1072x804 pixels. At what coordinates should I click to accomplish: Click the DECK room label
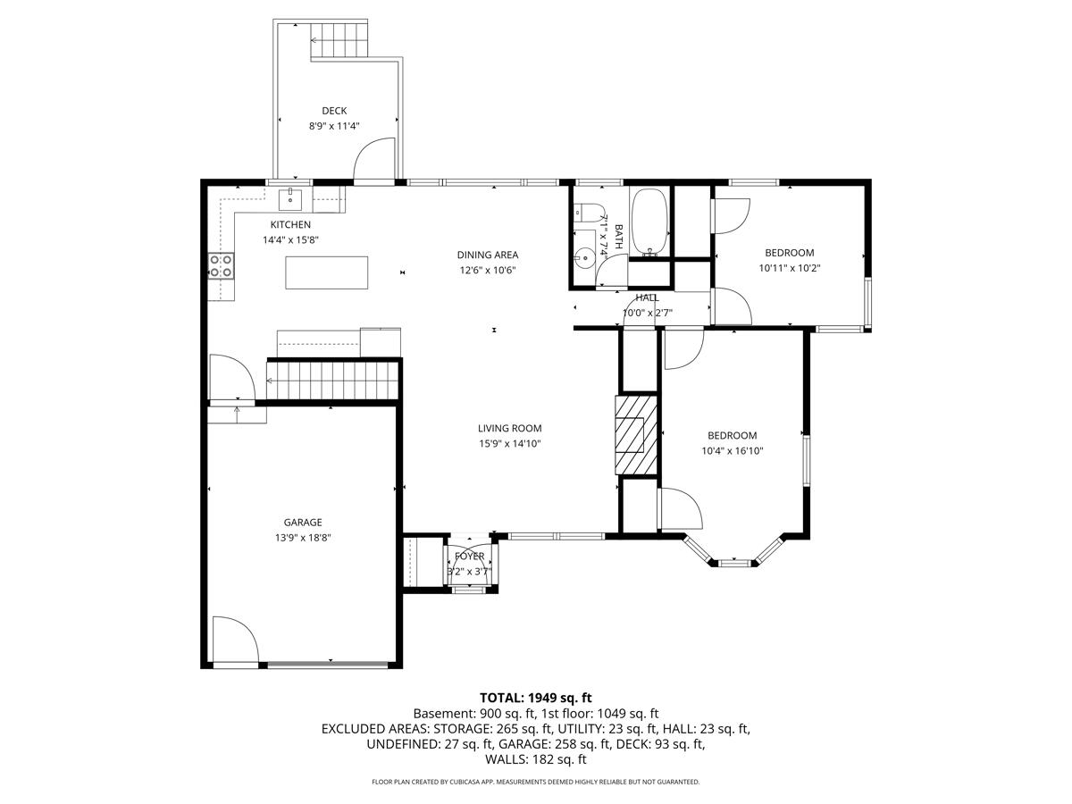click(334, 111)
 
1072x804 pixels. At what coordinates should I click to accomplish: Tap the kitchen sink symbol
click(290, 199)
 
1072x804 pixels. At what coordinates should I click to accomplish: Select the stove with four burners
click(222, 266)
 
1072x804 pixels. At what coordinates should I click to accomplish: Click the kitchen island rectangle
click(326, 272)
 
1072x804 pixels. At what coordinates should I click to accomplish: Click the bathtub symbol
click(649, 222)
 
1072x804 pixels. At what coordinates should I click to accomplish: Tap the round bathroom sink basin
click(583, 255)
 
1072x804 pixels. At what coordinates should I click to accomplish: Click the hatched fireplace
click(636, 435)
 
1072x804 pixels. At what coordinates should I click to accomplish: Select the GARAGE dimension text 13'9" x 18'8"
click(303, 538)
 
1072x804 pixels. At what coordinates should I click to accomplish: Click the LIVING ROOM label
click(509, 428)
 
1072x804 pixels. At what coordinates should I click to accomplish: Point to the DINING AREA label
click(488, 255)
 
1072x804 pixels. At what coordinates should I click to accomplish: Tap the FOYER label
click(469, 556)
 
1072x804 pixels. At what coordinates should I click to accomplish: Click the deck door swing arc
click(367, 146)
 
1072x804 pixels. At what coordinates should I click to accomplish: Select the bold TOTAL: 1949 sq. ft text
click(536, 698)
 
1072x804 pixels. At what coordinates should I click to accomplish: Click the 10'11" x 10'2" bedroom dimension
click(789, 268)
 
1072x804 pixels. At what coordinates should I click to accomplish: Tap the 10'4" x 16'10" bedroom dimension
click(732, 451)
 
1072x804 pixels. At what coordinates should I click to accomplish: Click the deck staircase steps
click(339, 40)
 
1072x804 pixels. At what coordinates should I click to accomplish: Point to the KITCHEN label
click(290, 224)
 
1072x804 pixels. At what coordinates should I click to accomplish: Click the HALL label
click(647, 297)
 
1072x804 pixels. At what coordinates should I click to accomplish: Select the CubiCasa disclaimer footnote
click(536, 782)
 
